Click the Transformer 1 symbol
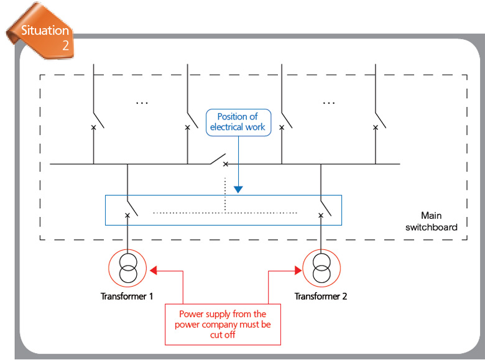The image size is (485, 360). [127, 268]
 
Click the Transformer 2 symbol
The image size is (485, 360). [321, 268]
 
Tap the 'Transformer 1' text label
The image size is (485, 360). [127, 297]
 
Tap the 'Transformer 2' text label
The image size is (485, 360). [321, 297]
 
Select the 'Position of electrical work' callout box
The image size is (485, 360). [239, 122]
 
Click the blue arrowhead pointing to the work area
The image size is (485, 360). [238, 190]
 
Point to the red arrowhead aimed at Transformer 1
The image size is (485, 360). [154, 270]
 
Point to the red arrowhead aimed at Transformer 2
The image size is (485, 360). [298, 270]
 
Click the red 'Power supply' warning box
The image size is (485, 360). [223, 325]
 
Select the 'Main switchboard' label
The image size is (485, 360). [432, 221]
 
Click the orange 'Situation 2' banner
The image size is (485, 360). [41, 31]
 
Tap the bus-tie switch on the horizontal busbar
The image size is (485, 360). [219, 160]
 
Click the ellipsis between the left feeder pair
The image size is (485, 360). [142, 103]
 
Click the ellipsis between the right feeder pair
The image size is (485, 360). [329, 103]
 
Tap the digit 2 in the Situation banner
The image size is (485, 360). [65, 45]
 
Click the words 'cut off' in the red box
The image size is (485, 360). [223, 335]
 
